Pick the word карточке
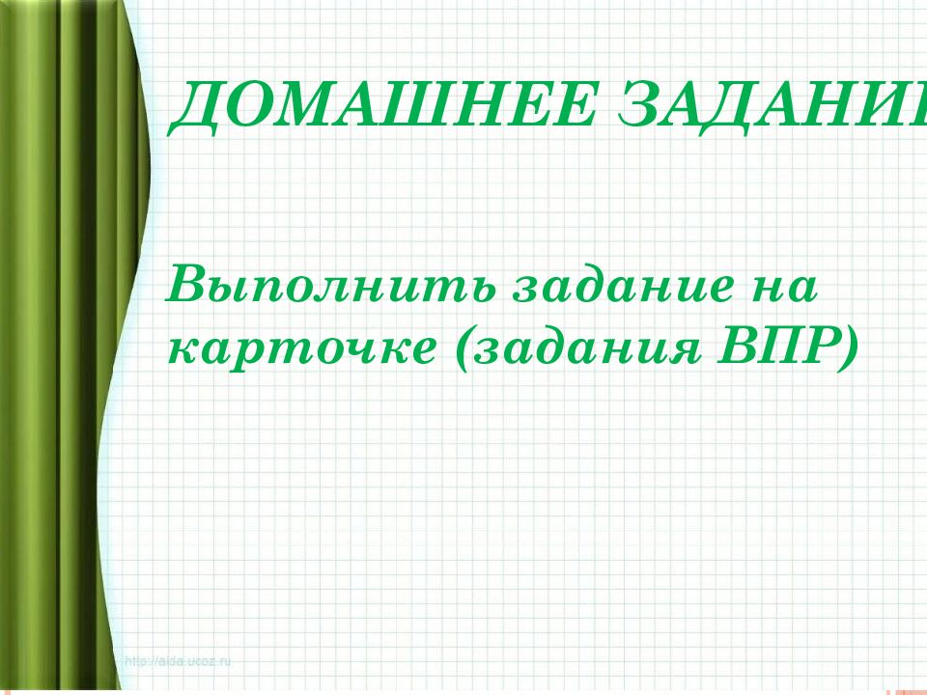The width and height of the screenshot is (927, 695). pyautogui.click(x=299, y=348)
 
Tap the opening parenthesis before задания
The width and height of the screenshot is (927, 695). pyautogui.click(x=453, y=348)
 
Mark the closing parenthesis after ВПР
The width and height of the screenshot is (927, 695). pyautogui.click(x=849, y=348)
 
